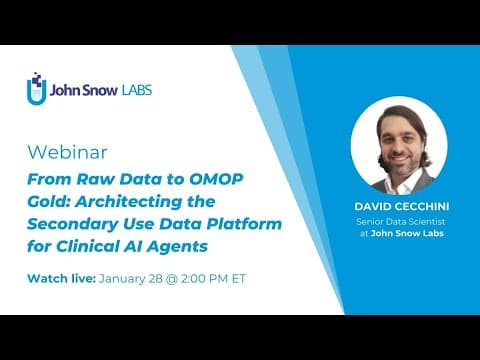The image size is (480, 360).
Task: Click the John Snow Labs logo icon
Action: (x=37, y=89)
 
